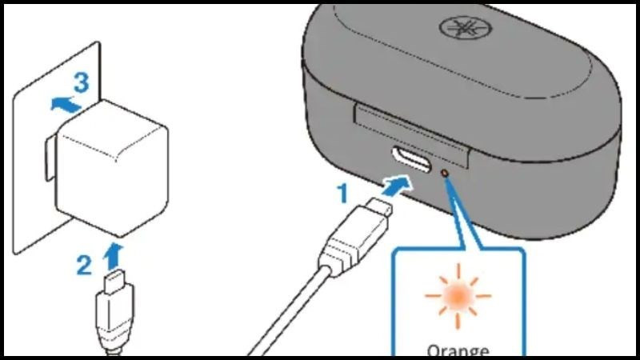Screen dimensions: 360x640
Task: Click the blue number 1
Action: click(x=342, y=193)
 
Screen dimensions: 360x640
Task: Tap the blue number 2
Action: click(x=84, y=265)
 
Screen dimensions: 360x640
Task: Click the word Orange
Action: click(x=457, y=350)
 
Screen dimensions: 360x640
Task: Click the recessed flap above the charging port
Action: click(x=411, y=128)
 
